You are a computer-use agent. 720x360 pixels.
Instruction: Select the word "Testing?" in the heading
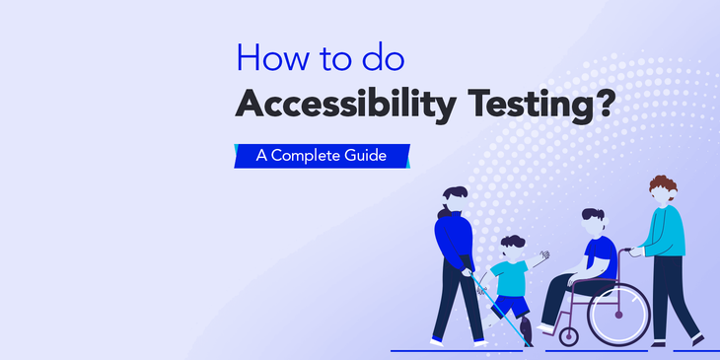pyautogui.click(x=538, y=106)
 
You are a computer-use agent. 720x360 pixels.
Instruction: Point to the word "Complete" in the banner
pyautogui.click(x=321, y=156)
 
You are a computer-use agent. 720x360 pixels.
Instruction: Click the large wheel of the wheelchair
pyautogui.click(x=618, y=313)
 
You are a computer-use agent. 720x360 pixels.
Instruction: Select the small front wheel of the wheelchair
pyautogui.click(x=569, y=336)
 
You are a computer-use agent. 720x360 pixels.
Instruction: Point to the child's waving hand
pyautogui.click(x=544, y=256)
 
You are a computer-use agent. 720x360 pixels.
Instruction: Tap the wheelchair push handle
pyautogui.click(x=625, y=250)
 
